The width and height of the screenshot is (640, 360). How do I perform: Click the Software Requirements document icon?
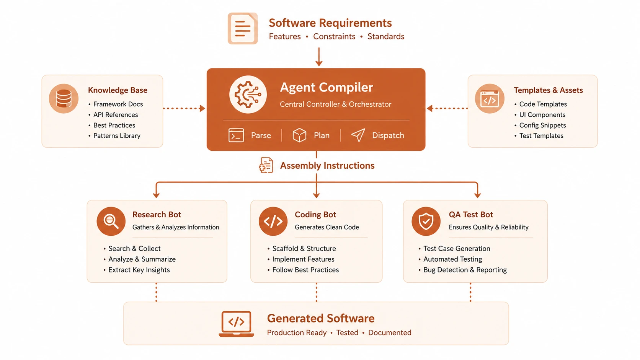(243, 28)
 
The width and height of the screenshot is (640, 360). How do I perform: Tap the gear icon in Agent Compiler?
(248, 94)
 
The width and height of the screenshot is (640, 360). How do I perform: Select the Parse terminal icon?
(236, 135)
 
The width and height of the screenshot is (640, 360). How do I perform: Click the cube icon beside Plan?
(299, 135)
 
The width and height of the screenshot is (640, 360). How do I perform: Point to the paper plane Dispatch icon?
(358, 135)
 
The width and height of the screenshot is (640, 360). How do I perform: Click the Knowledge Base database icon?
(64, 98)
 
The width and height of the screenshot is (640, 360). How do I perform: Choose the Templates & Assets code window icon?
(490, 98)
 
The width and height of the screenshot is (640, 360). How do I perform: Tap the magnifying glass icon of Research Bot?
(111, 221)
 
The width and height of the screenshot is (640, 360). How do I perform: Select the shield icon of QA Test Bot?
(426, 221)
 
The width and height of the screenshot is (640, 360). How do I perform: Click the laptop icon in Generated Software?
(236, 324)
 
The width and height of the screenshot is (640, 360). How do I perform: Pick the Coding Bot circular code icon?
(273, 221)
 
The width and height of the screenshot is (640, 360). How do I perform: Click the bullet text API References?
(116, 115)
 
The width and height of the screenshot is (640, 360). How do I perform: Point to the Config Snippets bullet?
(542, 125)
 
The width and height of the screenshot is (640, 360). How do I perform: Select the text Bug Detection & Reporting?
(465, 270)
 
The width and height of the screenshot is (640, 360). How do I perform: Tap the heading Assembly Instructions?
(327, 166)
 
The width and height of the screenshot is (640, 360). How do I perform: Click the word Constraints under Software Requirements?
(334, 37)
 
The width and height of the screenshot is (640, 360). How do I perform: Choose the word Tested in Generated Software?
(347, 332)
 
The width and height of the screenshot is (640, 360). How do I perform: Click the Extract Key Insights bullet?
(139, 270)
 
